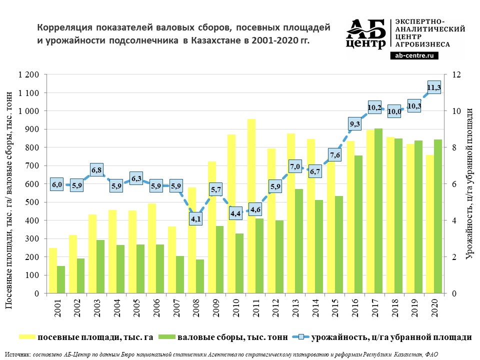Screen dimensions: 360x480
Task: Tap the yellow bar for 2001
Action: [53, 270]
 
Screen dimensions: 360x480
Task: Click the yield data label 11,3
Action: [434, 88]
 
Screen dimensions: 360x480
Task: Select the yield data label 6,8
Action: [97, 170]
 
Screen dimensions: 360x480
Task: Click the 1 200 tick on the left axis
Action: [29, 75]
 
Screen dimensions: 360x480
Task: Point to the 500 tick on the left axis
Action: [32, 202]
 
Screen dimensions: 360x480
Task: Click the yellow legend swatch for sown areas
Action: [27, 337]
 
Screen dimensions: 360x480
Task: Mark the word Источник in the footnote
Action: [17, 354]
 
